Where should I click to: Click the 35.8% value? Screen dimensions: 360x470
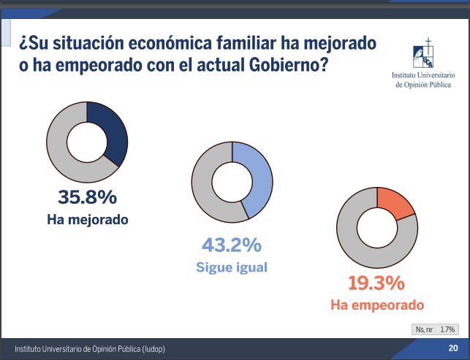[87, 197]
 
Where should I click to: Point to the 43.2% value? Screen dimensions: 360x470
[231, 245]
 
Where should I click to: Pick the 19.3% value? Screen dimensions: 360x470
[376, 283]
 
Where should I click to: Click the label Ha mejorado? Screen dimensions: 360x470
[87, 219]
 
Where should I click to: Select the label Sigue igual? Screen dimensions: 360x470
[231, 267]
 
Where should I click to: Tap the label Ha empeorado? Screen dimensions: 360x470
[376, 305]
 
